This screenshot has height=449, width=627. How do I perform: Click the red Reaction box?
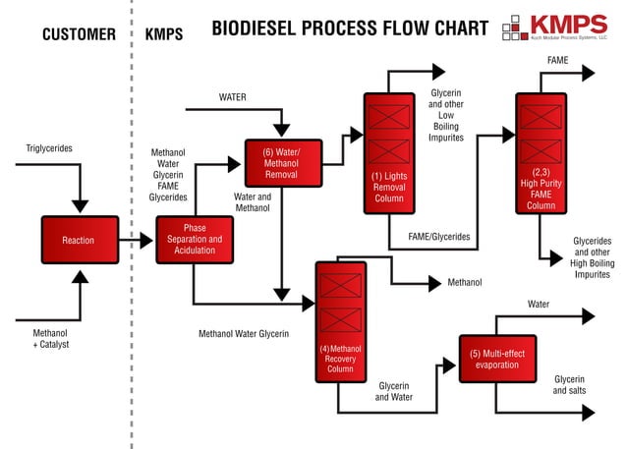click(x=79, y=240)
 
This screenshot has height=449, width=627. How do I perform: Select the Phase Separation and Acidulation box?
click(x=195, y=240)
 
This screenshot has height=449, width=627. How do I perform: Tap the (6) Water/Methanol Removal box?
click(x=283, y=163)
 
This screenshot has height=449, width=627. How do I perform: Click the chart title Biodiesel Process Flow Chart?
click(x=350, y=29)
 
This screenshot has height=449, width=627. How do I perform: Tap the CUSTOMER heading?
click(x=80, y=34)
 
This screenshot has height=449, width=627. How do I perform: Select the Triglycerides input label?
click(x=49, y=148)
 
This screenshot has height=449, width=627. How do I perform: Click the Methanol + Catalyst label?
click(x=50, y=339)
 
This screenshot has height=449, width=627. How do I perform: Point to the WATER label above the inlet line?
click(x=232, y=97)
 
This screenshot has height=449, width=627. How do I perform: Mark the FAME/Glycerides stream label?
click(x=438, y=237)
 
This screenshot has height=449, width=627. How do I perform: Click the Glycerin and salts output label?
click(x=569, y=384)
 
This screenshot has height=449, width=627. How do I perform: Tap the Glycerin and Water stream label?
click(x=393, y=391)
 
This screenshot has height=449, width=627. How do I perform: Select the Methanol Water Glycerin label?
click(x=244, y=334)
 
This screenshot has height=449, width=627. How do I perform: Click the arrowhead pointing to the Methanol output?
click(x=433, y=283)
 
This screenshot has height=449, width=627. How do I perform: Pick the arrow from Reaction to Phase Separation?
click(x=137, y=240)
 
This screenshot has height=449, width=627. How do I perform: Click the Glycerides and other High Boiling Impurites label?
click(x=592, y=258)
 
